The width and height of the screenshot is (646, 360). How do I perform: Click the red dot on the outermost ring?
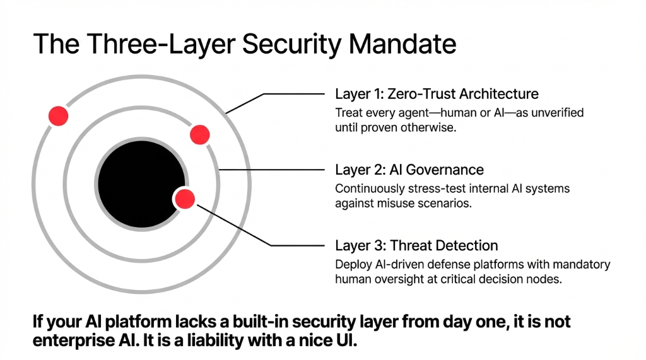pyautogui.click(x=58, y=115)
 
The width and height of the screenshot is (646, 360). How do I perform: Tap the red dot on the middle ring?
pyautogui.click(x=199, y=134)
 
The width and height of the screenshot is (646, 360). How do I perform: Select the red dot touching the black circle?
pyautogui.click(x=184, y=199)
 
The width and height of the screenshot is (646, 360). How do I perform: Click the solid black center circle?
pyautogui.click(x=141, y=187)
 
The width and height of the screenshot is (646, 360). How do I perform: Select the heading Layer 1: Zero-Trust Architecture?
pyautogui.click(x=437, y=95)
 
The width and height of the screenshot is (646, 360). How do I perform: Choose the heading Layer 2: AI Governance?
pyautogui.click(x=409, y=170)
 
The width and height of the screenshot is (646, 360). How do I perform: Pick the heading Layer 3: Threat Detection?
pyautogui.click(x=416, y=246)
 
